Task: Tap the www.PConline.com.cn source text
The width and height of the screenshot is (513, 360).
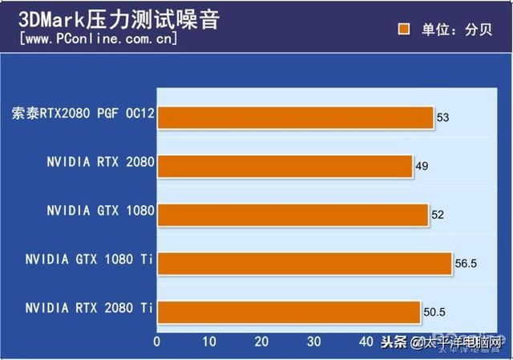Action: coord(98,38)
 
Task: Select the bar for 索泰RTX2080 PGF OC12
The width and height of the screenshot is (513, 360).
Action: coord(295,118)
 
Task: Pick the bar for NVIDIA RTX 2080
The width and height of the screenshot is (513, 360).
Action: coord(285,166)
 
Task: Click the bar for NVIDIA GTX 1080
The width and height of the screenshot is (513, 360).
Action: coord(293,214)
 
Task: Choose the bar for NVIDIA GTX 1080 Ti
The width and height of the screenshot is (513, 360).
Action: coord(305,262)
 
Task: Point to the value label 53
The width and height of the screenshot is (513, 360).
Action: coord(442,118)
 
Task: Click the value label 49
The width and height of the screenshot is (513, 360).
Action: coord(422,166)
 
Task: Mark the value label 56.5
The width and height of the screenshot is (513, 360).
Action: coord(467,262)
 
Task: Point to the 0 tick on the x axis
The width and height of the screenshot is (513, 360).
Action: coord(157,342)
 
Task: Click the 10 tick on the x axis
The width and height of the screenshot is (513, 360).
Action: coord(209,342)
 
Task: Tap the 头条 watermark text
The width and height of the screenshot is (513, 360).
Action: coord(393,343)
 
